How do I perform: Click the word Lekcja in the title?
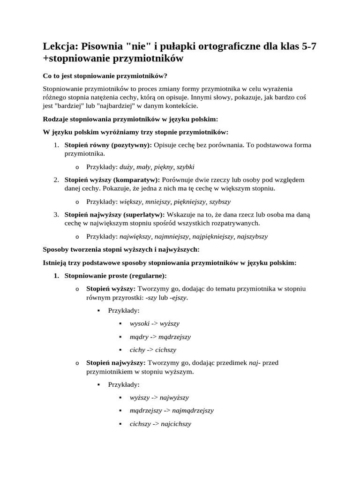[60, 46]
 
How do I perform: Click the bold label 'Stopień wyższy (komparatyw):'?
[112, 180]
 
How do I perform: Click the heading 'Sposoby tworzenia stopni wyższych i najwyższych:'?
[121, 250]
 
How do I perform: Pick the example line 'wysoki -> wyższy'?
[155, 323]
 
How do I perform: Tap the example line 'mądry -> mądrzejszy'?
[160, 337]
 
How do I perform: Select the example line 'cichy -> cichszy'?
[153, 350]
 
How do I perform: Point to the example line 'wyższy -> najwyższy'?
[159, 397]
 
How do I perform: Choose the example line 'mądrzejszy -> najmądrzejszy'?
[172, 411]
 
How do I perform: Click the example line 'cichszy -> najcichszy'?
[161, 424]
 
